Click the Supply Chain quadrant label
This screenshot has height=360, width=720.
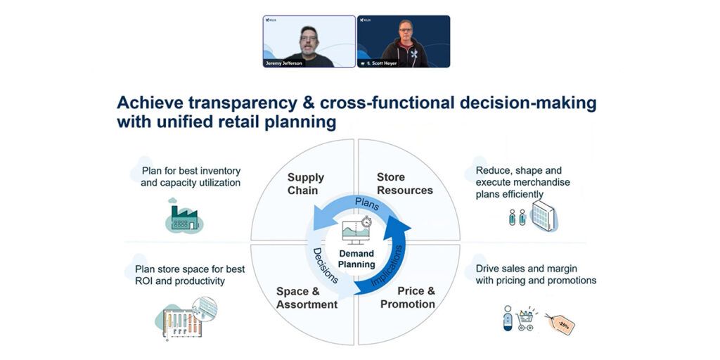pyautogui.click(x=302, y=184)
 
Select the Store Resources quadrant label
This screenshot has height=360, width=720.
pyautogui.click(x=404, y=184)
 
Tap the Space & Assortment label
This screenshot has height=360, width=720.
pyautogui.click(x=307, y=298)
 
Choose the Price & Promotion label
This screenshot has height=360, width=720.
pyautogui.click(x=408, y=297)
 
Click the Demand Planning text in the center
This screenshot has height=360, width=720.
pyautogui.click(x=356, y=259)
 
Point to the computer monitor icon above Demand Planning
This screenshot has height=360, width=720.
pyautogui.click(x=356, y=231)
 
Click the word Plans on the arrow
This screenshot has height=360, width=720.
pyautogui.click(x=366, y=202)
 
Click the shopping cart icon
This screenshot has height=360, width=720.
pyautogui.click(x=526, y=320)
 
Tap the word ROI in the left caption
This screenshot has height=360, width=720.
pyautogui.click(x=145, y=281)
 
